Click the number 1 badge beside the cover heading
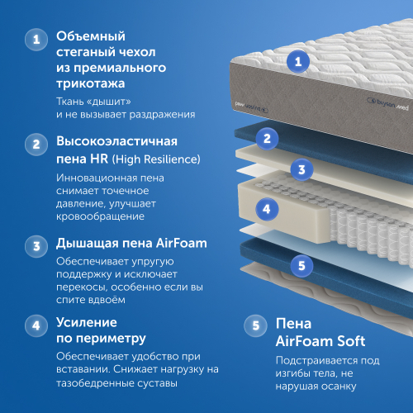click(34, 39)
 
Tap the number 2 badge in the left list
click(34, 144)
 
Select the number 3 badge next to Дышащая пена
click(34, 245)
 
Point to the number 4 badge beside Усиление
click(34, 324)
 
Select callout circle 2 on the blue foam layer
click(266, 137)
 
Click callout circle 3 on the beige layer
click(302, 171)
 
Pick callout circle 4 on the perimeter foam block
click(265, 208)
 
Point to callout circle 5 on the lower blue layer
click(302, 265)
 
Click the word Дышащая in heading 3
click(86, 244)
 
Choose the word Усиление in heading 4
click(87, 322)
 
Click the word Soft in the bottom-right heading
click(347, 341)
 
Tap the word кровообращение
click(101, 216)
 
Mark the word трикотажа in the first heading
click(90, 83)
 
